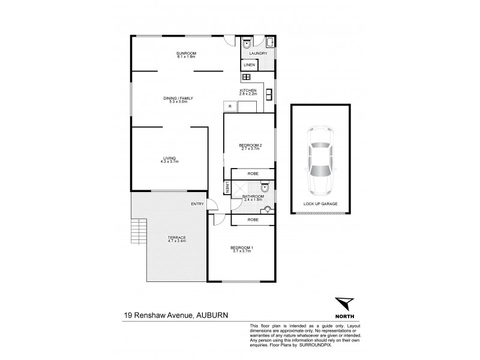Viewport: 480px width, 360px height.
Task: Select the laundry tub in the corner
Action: point(269,42)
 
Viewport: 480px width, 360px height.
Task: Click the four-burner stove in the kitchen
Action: point(245,77)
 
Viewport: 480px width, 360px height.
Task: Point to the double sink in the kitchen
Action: point(270,95)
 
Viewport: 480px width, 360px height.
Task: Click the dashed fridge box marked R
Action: point(230,107)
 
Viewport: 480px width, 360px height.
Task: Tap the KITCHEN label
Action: point(247,91)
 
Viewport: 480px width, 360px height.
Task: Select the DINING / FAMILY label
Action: point(178,98)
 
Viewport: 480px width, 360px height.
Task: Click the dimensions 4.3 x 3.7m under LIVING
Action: point(170,162)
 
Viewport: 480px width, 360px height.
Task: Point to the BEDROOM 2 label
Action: point(250,145)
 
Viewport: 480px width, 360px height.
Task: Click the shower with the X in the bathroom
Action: point(237,188)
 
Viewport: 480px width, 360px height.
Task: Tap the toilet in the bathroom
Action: point(265,187)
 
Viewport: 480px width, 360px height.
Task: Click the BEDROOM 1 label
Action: point(242,248)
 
